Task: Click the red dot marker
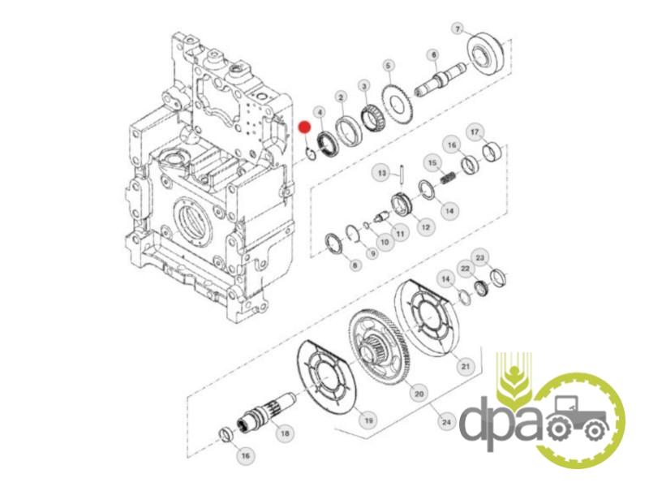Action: tap(305, 127)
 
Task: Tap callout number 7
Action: tap(458, 29)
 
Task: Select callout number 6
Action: tap(433, 54)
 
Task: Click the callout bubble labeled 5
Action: tap(388, 66)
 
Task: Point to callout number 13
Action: tap(381, 173)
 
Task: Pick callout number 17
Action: tap(475, 132)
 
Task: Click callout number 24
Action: tap(445, 422)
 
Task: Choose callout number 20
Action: tap(419, 394)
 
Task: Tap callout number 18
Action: tap(285, 433)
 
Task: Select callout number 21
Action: tap(466, 366)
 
